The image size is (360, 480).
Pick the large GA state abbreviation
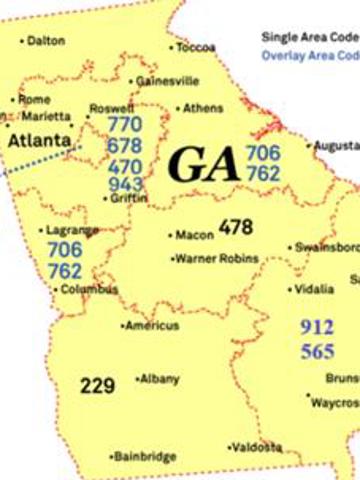[203, 163]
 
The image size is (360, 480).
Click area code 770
[125, 125]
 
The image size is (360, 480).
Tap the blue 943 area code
[125, 184]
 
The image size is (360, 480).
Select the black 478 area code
[236, 227]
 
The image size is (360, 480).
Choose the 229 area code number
[98, 385]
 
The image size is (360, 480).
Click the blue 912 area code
[317, 327]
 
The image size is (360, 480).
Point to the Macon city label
[194, 236]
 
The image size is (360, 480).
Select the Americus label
[152, 326]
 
